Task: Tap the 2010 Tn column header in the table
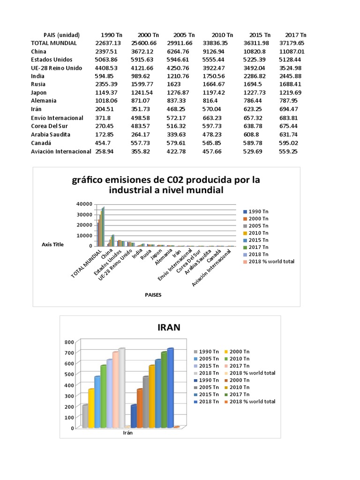(222, 35)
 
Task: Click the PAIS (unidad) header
(61, 35)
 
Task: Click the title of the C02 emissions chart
(165, 185)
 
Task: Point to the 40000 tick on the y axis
(84, 204)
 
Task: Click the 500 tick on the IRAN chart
(69, 374)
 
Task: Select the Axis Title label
(52, 244)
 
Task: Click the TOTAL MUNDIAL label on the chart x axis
(88, 264)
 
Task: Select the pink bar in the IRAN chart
(115, 389)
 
